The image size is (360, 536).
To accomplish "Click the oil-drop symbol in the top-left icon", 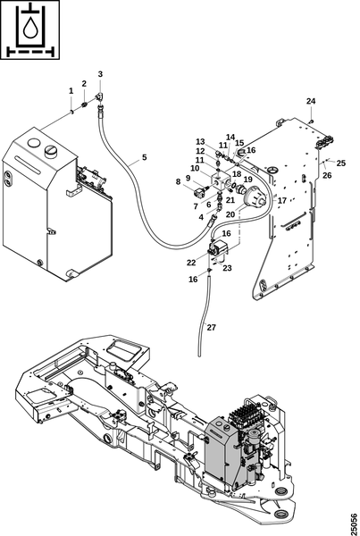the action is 29,28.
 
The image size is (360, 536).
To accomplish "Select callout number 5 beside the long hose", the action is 145,157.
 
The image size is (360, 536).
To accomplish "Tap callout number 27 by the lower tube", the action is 212,328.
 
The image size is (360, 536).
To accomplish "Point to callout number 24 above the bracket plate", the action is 311,101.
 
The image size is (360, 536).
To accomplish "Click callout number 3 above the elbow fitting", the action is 100,74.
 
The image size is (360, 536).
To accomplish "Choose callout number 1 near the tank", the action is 71,90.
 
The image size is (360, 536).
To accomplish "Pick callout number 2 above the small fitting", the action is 84,83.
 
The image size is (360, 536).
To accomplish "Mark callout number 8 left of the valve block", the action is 178,181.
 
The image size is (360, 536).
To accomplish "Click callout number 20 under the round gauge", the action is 230,214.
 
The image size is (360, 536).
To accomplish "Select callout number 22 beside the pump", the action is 191,263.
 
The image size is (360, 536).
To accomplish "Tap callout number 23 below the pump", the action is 227,268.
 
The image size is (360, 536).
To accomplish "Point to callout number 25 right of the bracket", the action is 341,163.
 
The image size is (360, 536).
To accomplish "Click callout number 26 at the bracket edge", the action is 327,175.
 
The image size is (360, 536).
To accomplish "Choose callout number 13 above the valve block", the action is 200,141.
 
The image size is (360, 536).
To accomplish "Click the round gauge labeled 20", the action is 255,197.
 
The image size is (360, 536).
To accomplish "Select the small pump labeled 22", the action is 218,247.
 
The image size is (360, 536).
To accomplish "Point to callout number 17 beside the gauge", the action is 281,201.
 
